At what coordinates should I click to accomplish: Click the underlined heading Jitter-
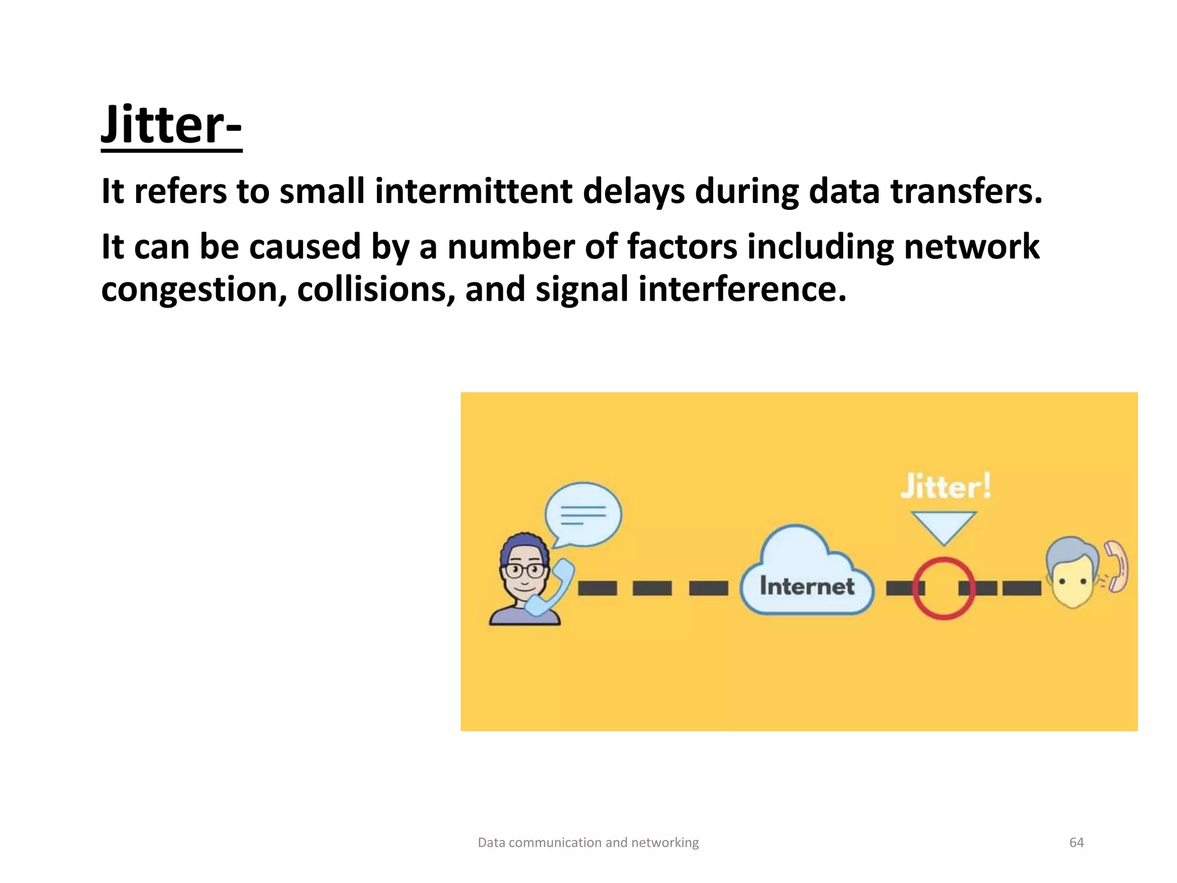171,125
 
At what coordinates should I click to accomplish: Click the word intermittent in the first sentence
473,191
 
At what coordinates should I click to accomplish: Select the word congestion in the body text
194,289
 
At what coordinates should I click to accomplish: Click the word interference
742,289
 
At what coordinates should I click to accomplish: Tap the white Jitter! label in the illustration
945,486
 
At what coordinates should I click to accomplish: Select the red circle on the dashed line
943,588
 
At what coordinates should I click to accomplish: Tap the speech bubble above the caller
583,513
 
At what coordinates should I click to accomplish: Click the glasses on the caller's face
524,571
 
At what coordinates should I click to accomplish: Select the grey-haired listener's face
1072,578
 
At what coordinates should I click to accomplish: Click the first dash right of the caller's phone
597,588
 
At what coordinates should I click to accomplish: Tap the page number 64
1076,842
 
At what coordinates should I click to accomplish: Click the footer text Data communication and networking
588,842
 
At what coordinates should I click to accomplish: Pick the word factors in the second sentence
682,247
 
